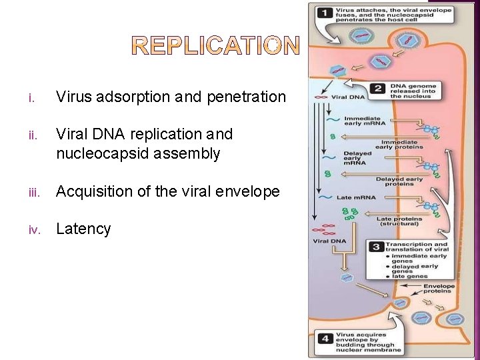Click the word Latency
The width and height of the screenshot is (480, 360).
pos(83,229)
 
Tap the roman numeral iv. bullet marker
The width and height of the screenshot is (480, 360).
pos(35,230)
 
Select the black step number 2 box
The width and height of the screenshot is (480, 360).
pos(378,89)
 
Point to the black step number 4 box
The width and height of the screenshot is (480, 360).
pos(325,338)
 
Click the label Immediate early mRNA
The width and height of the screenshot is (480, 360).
pos(363,121)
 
